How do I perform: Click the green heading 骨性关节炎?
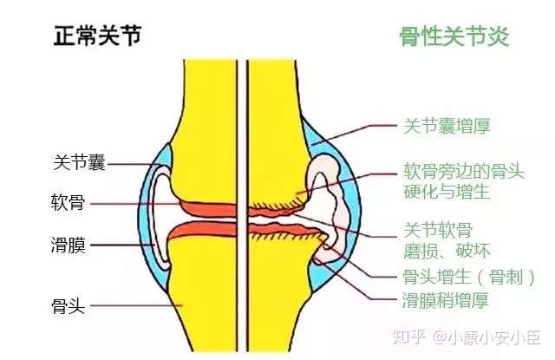454,36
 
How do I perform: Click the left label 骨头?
67,304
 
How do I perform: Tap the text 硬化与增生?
447,191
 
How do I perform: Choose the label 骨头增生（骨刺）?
469,277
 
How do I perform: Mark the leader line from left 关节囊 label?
130,163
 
